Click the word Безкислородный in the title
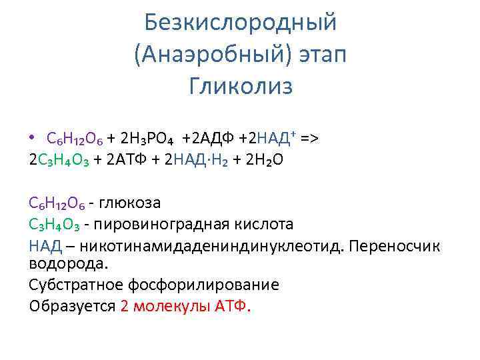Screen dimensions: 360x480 pyautogui.click(x=241, y=23)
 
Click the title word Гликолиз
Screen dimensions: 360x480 pyautogui.click(x=241, y=87)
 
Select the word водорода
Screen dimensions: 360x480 pyautogui.click(x=68, y=263)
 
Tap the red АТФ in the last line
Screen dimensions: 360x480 pyautogui.click(x=234, y=306)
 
